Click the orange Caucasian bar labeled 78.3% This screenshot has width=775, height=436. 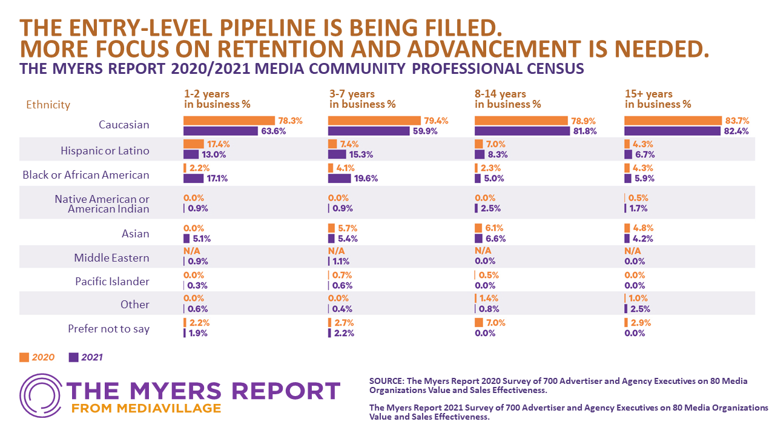pos(228,121)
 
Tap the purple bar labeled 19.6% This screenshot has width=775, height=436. pos(339,179)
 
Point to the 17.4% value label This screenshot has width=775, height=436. pos(219,144)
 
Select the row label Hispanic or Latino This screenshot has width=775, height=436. pos(105,151)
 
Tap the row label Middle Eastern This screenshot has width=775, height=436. pos(111,258)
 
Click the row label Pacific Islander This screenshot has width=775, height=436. pos(112,282)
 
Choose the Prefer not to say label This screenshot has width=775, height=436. pos(108,329)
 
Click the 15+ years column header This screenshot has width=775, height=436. pos(658,99)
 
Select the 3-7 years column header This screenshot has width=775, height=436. pos(362,99)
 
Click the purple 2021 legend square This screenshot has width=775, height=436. pos(74,357)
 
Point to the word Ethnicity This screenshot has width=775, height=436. pos(48,105)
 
